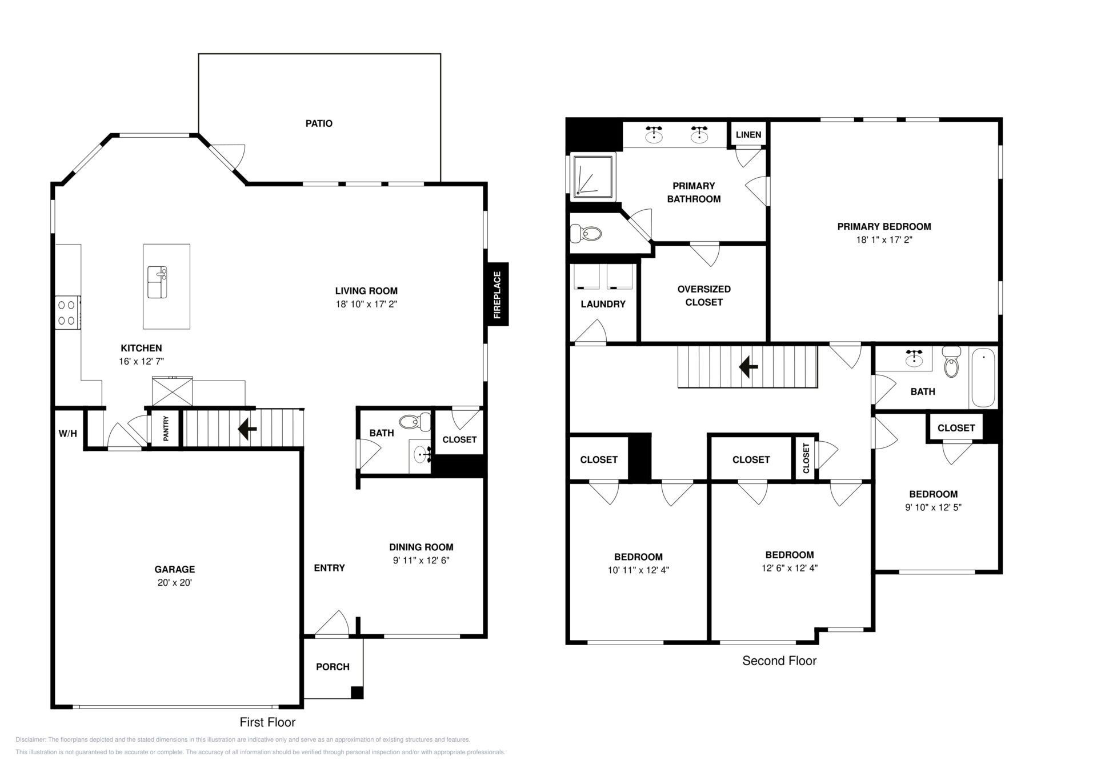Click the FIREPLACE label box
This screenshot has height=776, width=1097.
(497, 294)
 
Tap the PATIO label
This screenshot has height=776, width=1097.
(319, 123)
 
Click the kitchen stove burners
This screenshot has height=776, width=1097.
(67, 313)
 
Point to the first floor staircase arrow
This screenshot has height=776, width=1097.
(247, 429)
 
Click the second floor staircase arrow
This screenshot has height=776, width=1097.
(748, 367)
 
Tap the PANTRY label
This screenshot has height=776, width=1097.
(166, 428)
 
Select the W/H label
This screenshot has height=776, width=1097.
(68, 434)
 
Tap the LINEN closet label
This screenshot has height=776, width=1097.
(748, 135)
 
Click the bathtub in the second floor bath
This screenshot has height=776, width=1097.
(983, 378)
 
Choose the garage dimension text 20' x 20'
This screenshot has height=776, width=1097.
(175, 583)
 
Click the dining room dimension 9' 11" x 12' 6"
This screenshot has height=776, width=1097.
(421, 561)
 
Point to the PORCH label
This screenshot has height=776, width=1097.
(333, 667)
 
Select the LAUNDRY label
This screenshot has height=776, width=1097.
(603, 304)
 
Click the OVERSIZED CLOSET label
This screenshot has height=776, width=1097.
(704, 295)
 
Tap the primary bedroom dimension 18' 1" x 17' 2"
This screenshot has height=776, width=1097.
(884, 240)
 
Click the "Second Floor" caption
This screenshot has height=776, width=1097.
(779, 661)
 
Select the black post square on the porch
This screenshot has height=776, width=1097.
(357, 692)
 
